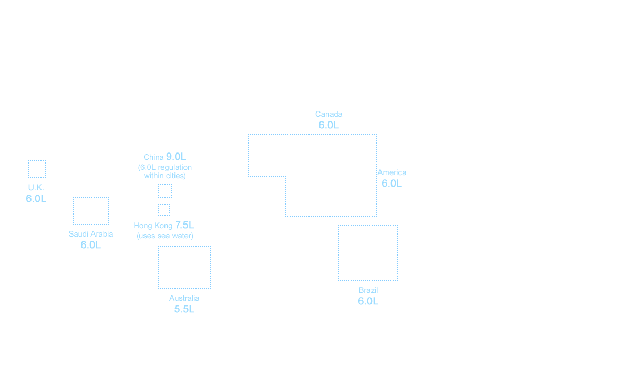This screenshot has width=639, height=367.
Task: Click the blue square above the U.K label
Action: click(x=36, y=169)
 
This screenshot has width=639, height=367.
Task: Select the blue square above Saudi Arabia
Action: click(x=90, y=210)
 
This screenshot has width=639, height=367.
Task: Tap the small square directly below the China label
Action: click(x=164, y=190)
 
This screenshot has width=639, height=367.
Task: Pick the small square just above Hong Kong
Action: click(x=163, y=209)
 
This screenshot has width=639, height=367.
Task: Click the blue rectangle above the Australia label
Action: click(x=184, y=267)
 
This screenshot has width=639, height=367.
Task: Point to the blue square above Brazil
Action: click(x=367, y=252)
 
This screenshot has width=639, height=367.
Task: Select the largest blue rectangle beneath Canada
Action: click(x=312, y=175)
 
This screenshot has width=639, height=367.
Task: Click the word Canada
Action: click(x=329, y=114)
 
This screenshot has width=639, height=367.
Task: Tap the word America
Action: click(x=391, y=172)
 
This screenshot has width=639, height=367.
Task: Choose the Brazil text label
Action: click(x=368, y=290)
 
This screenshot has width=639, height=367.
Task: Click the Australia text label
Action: click(x=184, y=298)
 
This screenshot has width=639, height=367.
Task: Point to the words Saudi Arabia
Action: click(x=91, y=234)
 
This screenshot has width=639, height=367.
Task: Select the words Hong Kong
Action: click(x=153, y=226)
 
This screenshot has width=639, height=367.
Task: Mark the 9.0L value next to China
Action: click(x=176, y=157)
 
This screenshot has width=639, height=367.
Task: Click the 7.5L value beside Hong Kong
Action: click(x=184, y=225)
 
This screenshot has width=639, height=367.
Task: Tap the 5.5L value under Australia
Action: click(x=184, y=309)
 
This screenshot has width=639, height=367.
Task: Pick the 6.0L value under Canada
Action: click(x=328, y=125)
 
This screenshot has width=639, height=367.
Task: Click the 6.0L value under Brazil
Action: click(x=368, y=301)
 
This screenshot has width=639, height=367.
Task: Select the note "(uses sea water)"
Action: click(x=165, y=236)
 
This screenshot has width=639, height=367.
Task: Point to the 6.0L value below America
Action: click(x=391, y=183)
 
